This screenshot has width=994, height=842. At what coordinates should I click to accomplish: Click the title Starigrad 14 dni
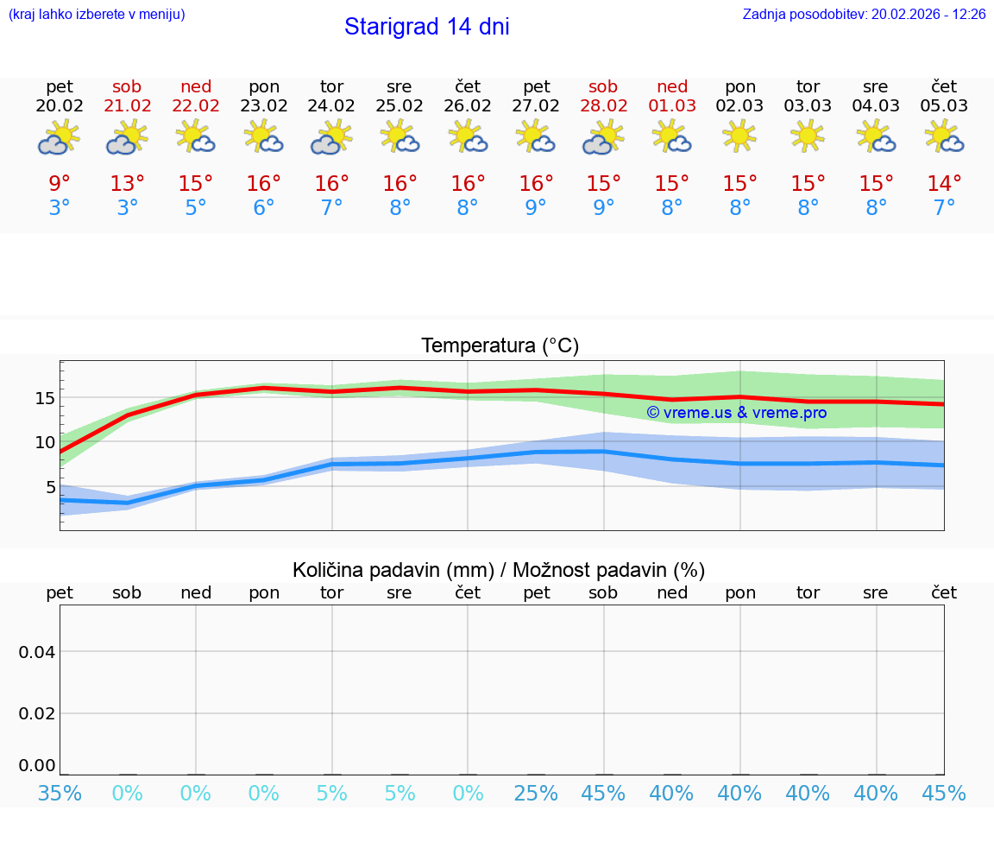tap(426, 27)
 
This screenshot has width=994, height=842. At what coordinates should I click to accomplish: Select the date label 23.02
tap(264, 106)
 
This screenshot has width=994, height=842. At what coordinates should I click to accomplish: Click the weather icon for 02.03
tap(739, 136)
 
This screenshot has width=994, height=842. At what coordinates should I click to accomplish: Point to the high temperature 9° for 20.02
tap(60, 184)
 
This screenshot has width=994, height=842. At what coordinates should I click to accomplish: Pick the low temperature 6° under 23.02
tap(264, 208)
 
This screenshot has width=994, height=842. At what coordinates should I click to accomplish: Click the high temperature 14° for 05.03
tap(944, 184)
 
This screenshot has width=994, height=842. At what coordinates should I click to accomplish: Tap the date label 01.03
tap(672, 106)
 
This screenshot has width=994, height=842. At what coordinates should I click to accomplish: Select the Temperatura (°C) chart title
tap(500, 346)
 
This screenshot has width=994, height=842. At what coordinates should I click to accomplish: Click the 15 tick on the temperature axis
tap(45, 398)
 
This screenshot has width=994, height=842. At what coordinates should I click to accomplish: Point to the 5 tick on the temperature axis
tap(49, 487)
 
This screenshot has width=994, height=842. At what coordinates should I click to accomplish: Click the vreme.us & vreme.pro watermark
tap(737, 413)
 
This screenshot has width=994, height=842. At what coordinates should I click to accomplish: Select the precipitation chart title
tap(499, 570)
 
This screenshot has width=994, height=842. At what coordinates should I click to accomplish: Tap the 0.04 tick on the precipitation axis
tap(37, 652)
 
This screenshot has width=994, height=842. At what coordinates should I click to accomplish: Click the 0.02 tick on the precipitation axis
tap(37, 713)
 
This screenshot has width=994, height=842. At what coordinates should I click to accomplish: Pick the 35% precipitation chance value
tap(60, 793)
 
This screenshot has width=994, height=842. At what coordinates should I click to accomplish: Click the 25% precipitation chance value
tap(536, 793)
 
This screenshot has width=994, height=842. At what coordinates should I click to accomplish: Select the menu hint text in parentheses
tap(96, 14)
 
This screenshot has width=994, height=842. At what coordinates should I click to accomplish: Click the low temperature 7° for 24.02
tap(332, 208)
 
